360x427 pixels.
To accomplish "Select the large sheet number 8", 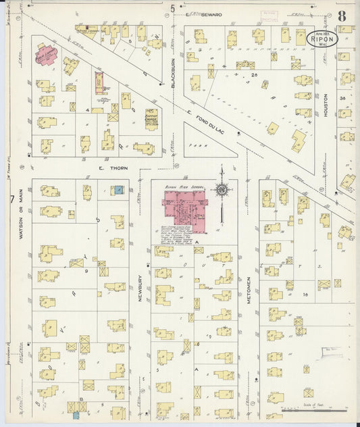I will (342, 15).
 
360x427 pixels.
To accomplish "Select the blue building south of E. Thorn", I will (119, 190).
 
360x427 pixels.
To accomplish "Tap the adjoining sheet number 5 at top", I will (173, 8).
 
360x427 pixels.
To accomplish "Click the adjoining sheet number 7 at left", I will (11, 200).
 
